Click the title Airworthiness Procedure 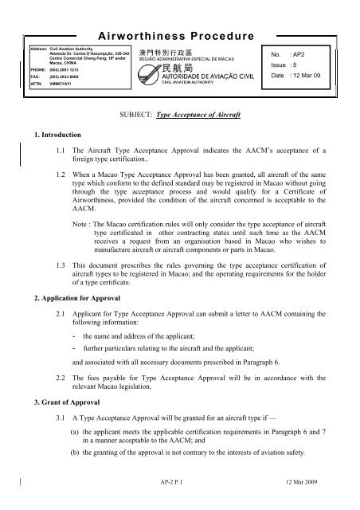click(x=176, y=37)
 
